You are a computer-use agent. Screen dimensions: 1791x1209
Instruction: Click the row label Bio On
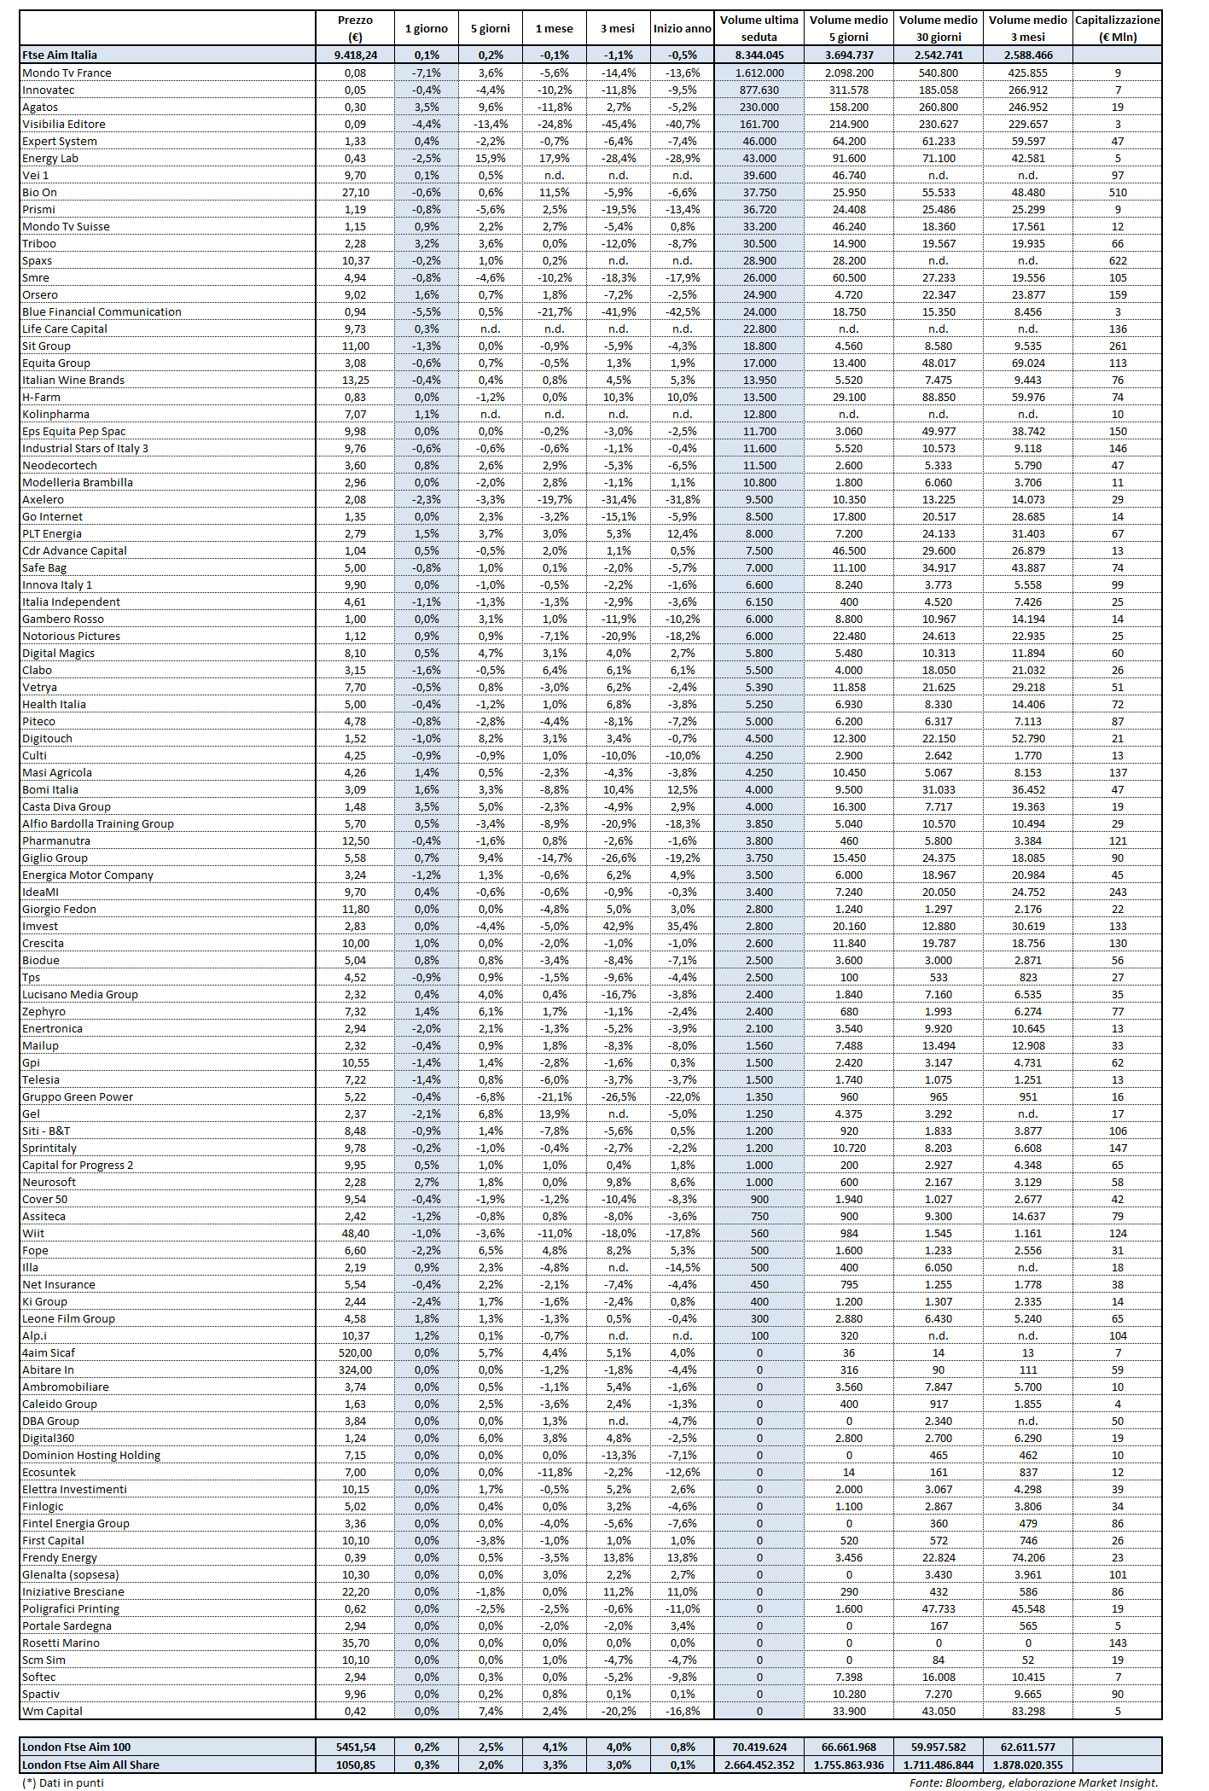[40, 193]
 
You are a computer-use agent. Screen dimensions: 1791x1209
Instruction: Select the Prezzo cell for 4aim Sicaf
[355, 1353]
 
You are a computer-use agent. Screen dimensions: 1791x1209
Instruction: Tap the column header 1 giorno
[426, 29]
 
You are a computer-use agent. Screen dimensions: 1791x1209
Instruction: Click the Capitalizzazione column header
[1117, 28]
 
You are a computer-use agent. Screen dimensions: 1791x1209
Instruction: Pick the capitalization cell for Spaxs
[1117, 261]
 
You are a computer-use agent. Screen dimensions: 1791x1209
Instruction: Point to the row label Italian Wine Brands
[73, 381]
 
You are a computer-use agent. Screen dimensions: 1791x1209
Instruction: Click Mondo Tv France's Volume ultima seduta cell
[759, 73]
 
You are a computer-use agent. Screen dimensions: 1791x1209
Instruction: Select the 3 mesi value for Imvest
[619, 927]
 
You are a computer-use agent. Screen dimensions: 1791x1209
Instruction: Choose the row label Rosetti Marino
[61, 1643]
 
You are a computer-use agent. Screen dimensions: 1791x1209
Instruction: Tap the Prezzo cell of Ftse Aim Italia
[355, 55]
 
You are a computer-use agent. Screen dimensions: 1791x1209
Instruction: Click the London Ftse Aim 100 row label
[77, 1747]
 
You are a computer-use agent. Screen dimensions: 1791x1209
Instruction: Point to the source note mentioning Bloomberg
[1033, 1782]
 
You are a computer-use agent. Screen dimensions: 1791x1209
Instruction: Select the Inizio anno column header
[682, 29]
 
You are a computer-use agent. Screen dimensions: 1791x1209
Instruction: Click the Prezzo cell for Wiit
[355, 1234]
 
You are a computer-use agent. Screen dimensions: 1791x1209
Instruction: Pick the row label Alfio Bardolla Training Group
[98, 824]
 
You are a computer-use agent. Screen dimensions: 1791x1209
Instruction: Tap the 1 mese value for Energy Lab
[555, 159]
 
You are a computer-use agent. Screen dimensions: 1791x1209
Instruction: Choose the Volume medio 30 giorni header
[938, 28]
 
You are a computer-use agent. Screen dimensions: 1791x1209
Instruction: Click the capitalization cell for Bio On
[1117, 193]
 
